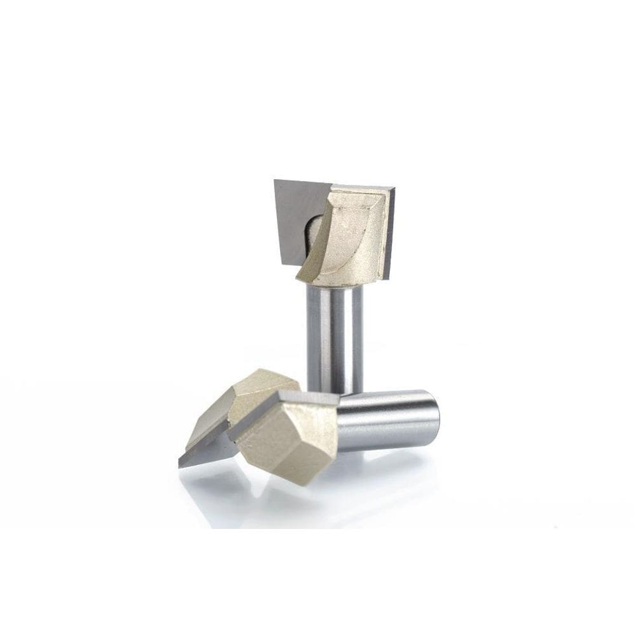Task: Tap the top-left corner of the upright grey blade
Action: coord(276,181)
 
